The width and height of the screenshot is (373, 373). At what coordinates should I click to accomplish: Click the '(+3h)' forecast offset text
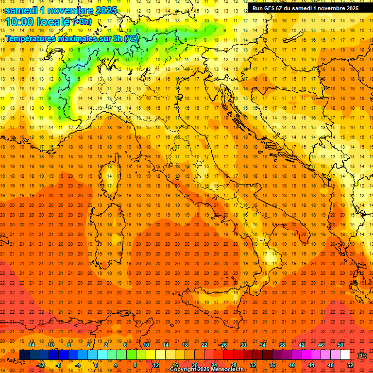[x=81, y=21]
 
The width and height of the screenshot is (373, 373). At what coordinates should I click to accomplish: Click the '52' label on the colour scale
[x=350, y=365]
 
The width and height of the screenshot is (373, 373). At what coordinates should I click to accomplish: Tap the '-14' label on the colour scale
[x=31, y=345]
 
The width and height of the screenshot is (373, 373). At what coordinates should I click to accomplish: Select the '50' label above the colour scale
[x=340, y=345]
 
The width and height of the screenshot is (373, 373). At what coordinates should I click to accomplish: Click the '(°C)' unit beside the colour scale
[x=362, y=356]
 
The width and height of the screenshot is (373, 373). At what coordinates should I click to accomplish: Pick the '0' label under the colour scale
[x=96, y=365]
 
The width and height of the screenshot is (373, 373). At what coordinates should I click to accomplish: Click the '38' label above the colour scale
[x=282, y=345]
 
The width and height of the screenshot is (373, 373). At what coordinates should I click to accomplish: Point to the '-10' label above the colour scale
[x=50, y=345]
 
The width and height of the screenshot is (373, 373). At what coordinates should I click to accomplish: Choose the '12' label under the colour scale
[x=155, y=365]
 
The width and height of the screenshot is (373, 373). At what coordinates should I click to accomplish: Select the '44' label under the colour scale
[x=311, y=365]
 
